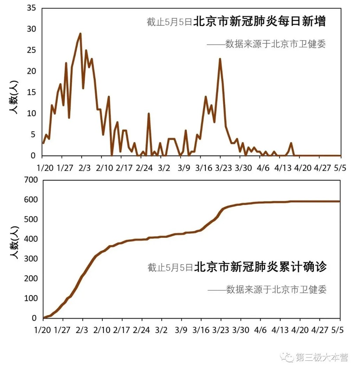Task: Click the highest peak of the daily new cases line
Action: [x=80, y=34]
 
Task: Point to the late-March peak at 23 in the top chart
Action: [x=220, y=59]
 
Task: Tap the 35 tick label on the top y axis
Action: [x=32, y=8]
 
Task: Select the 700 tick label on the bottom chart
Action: [x=30, y=180]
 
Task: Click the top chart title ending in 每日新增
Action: [x=236, y=22]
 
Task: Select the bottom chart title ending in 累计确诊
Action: [x=237, y=267]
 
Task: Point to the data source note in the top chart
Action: [x=266, y=44]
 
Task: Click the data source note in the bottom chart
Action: [x=267, y=289]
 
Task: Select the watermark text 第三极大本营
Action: [x=321, y=358]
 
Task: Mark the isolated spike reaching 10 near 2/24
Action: [x=149, y=114]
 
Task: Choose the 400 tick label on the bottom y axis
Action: [x=30, y=239]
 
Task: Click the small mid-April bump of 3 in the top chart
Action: [x=291, y=143]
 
